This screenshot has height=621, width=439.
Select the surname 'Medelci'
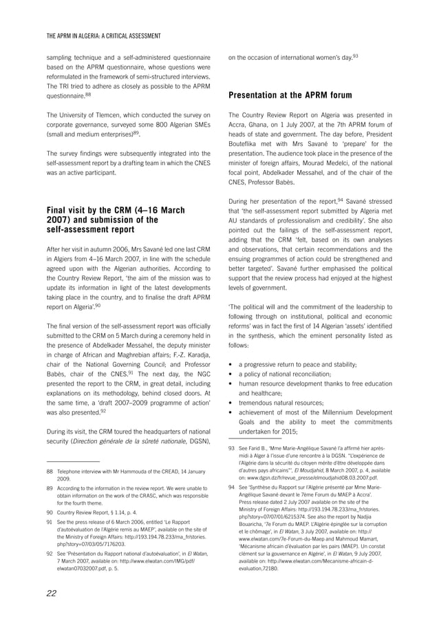(350, 157)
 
